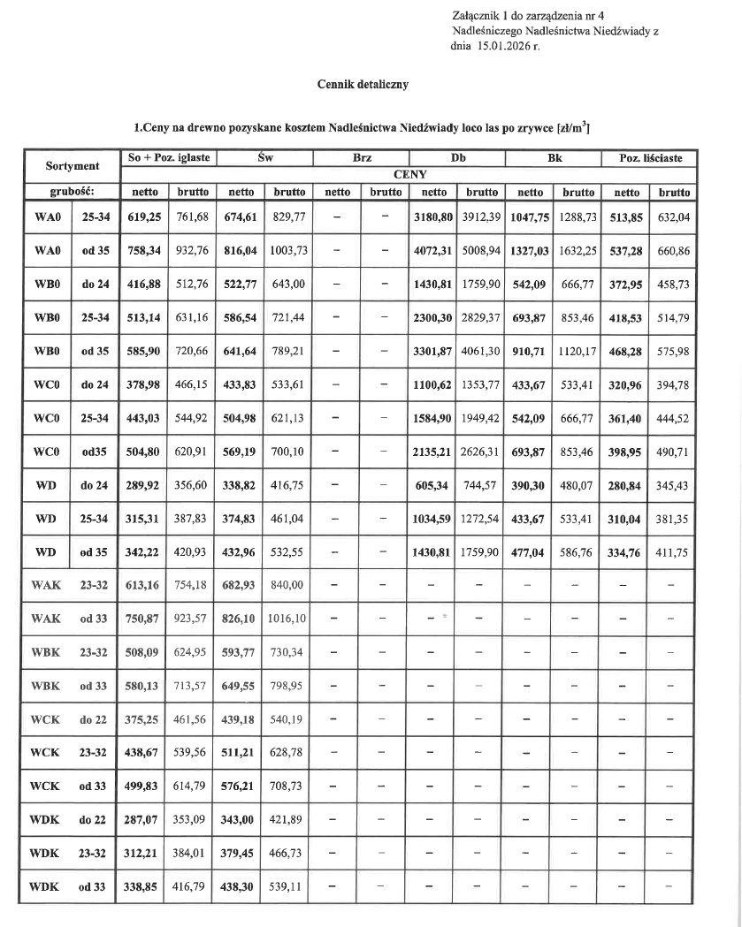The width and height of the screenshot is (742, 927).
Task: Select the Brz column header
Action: [362, 158]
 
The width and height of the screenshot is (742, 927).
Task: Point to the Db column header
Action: [458, 158]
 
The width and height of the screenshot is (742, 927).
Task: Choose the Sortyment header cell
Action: [73, 166]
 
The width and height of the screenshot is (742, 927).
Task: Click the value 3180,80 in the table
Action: [434, 218]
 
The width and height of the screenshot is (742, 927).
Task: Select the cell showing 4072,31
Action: [434, 251]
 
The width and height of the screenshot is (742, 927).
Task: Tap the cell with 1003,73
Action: [289, 251]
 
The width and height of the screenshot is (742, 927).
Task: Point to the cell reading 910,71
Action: [531, 352]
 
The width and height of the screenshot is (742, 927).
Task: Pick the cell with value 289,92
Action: [143, 485]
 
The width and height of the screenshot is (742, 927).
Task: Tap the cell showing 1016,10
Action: [289, 619]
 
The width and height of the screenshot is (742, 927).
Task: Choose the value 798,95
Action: [289, 686]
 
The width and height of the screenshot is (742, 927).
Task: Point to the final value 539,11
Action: [289, 886]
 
